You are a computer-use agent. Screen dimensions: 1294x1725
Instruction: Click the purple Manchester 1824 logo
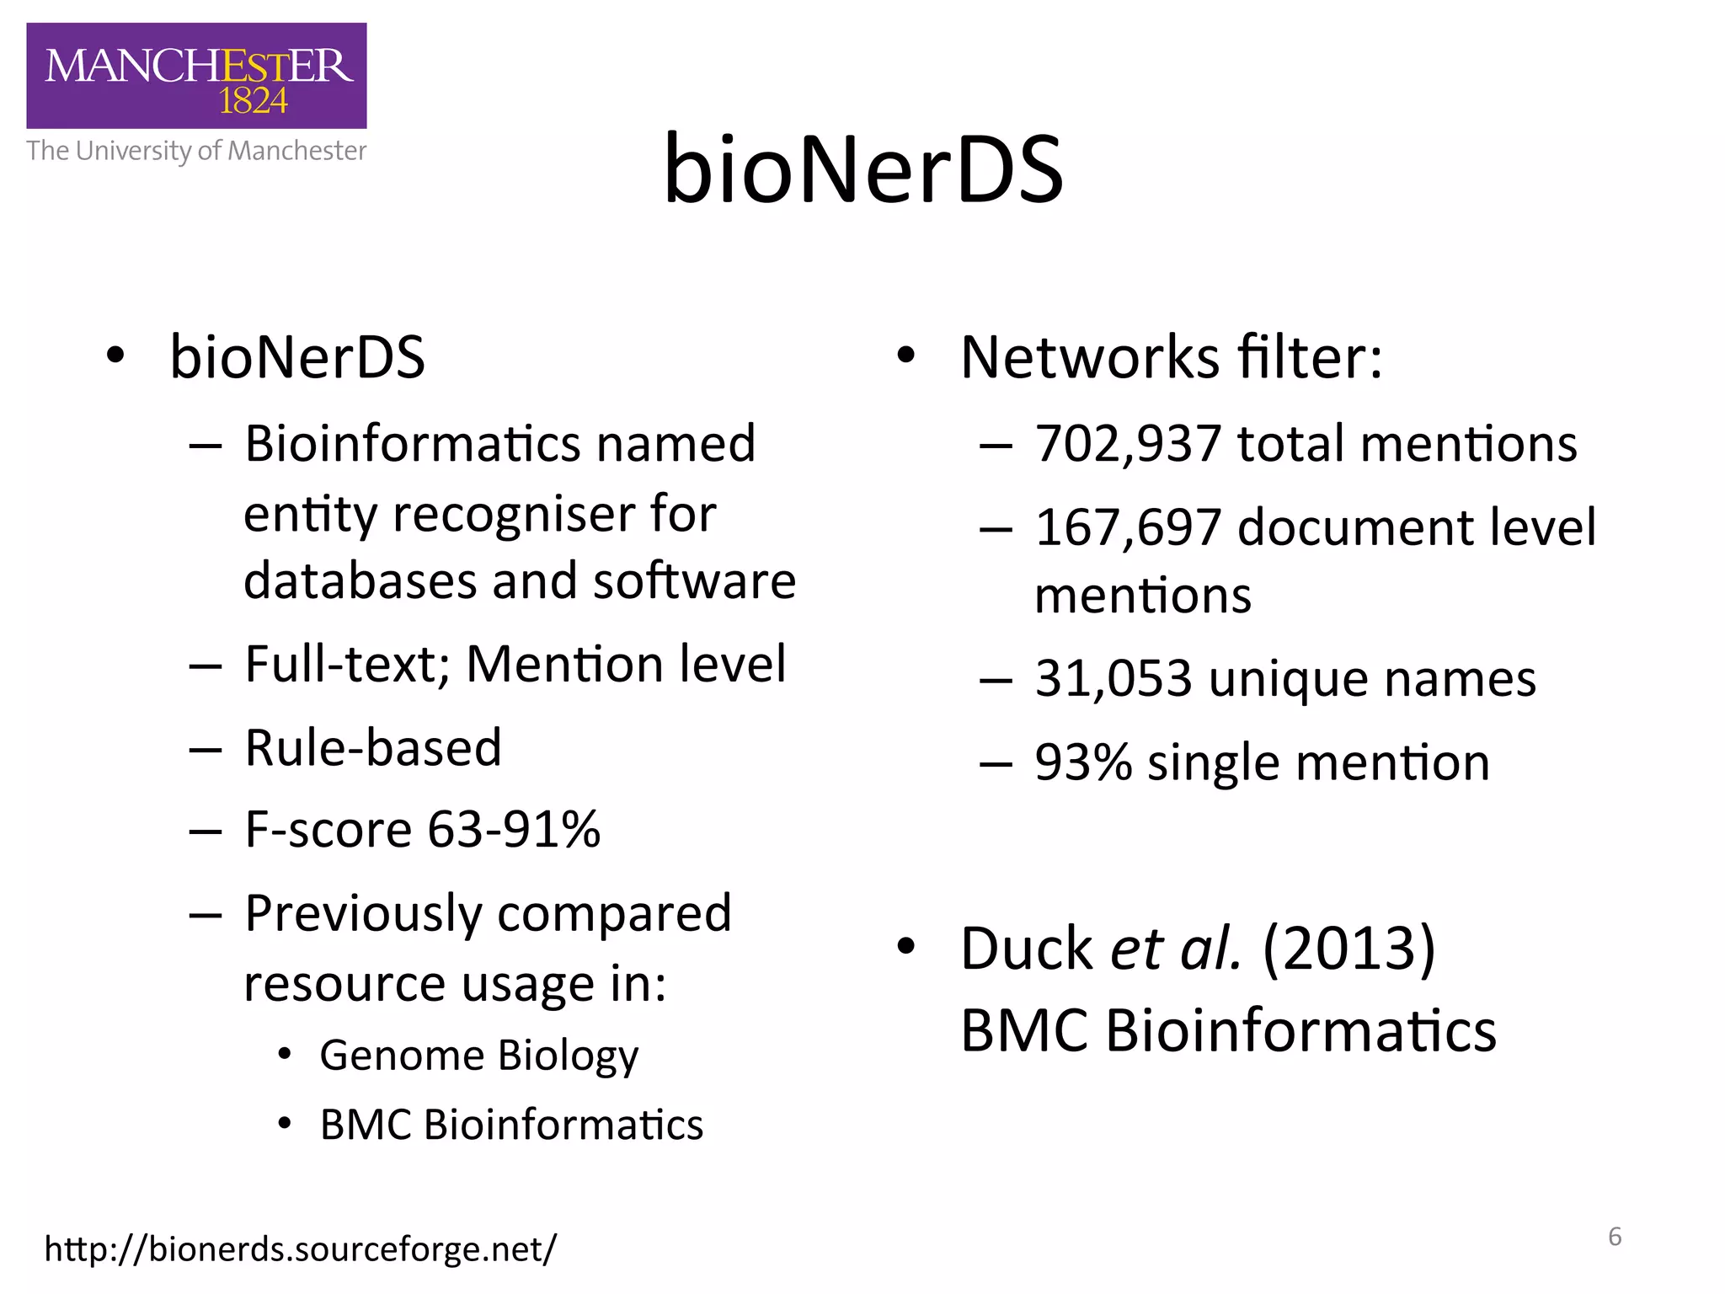(x=196, y=76)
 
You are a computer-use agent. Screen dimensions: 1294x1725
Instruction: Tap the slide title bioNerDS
(x=863, y=170)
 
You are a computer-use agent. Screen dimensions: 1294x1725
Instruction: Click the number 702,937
(x=1128, y=444)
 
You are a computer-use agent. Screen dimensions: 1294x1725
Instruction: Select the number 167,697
(x=1128, y=528)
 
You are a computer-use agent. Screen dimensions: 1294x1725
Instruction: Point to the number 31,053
(x=1114, y=679)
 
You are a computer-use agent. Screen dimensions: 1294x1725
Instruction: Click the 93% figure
(x=1083, y=763)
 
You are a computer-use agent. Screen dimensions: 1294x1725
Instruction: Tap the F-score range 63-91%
(x=514, y=830)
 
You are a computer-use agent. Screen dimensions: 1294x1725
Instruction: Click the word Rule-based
(x=373, y=748)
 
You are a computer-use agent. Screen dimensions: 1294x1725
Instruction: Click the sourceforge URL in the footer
(x=301, y=1249)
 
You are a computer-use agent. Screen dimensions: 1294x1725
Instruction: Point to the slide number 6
(x=1615, y=1237)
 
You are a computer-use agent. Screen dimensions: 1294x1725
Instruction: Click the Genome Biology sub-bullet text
(x=478, y=1056)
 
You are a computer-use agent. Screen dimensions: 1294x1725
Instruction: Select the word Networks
(x=1090, y=358)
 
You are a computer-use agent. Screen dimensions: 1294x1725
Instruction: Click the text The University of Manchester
(x=196, y=151)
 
